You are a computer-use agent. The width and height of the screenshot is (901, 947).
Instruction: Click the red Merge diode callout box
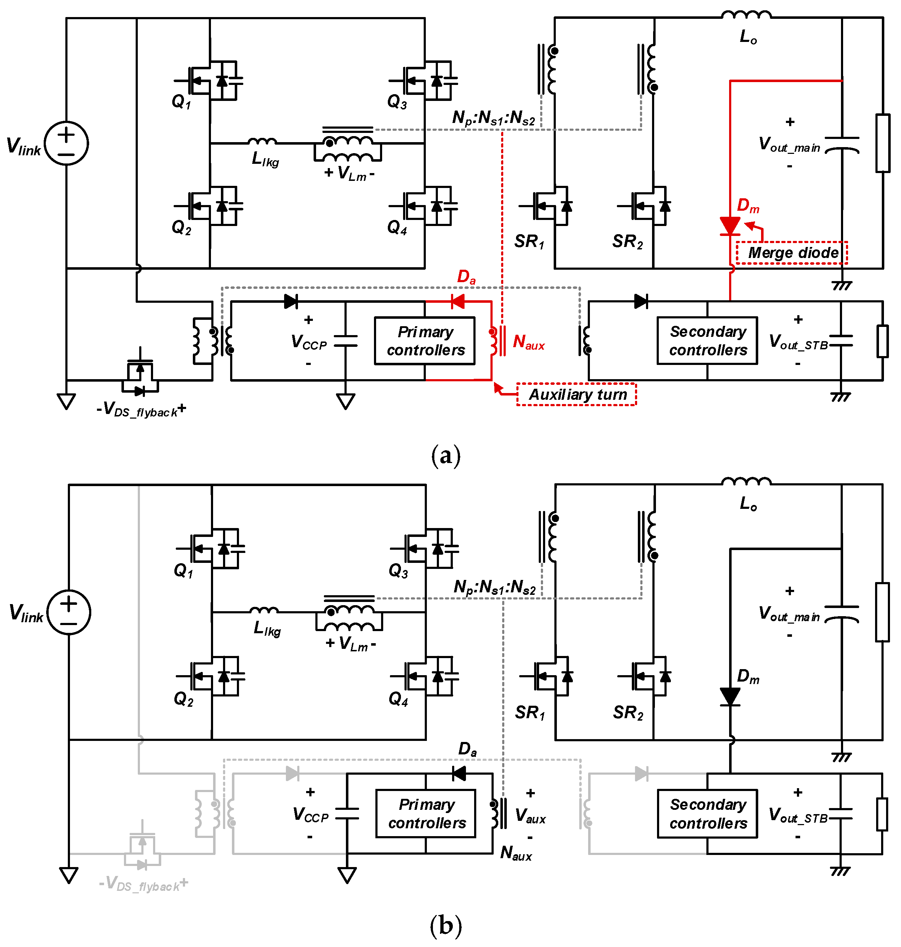(x=792, y=253)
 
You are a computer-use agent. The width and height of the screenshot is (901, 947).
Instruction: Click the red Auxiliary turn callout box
(x=576, y=394)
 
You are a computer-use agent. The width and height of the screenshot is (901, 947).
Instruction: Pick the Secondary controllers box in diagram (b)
(x=707, y=813)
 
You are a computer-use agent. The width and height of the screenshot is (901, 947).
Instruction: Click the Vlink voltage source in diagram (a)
(x=66, y=143)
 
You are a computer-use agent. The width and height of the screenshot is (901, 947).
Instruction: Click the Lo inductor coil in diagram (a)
(x=747, y=15)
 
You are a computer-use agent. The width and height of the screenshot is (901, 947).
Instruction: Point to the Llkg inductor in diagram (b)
(x=264, y=611)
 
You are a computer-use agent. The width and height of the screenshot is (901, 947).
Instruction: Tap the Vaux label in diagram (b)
(x=530, y=816)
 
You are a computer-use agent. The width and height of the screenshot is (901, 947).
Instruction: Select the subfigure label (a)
(x=446, y=455)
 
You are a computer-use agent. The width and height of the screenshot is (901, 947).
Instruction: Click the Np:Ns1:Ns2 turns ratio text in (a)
(x=493, y=118)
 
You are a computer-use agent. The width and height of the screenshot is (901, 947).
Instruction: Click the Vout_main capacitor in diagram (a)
(x=842, y=144)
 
